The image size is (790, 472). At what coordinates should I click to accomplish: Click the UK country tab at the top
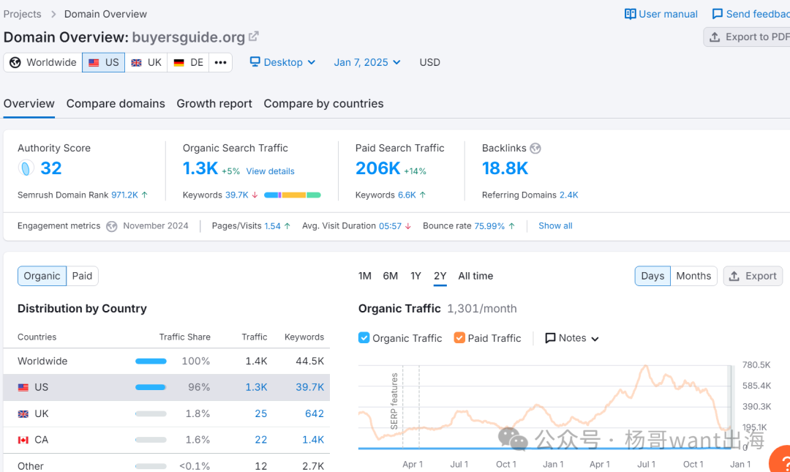point(146,62)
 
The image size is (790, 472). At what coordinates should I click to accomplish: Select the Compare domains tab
point(116,104)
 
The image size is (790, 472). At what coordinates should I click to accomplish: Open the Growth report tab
point(214,104)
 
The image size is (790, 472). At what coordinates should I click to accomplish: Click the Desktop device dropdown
point(282,62)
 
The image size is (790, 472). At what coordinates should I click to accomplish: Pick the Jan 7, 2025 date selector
point(367,62)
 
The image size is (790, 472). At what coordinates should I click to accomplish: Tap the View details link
point(270,171)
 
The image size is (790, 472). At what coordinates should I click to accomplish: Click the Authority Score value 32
point(50,168)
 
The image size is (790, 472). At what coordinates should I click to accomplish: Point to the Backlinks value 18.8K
point(505,168)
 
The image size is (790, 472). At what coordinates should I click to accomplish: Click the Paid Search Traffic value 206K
point(377,168)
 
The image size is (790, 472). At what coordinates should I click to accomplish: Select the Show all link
point(555,226)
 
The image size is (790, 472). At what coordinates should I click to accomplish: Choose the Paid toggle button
point(82,276)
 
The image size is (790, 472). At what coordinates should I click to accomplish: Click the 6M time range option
point(391,276)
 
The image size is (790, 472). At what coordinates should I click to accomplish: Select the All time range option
point(475,276)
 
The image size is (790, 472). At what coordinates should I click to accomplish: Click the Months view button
point(693,276)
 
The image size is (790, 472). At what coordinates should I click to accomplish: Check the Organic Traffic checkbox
point(364,338)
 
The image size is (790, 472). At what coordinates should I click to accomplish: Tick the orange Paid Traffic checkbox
point(459,338)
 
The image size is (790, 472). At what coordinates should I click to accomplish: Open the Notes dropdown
point(572,338)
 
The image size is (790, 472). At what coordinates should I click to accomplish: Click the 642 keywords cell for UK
point(315,413)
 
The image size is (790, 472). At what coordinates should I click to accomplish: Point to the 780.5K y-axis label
point(756,365)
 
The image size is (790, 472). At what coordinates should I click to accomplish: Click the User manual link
point(661,14)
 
